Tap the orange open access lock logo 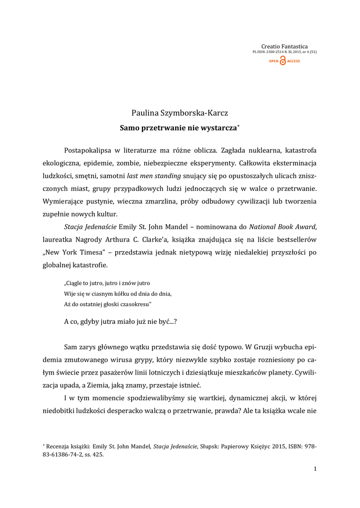[x=283, y=61]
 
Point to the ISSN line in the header [x=285, y=52]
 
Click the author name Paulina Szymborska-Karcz [x=180, y=113]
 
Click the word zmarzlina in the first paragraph [x=202, y=201]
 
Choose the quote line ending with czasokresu [x=108, y=303]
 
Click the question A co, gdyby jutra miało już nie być [x=121, y=321]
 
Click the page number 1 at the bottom [x=315, y=469]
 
